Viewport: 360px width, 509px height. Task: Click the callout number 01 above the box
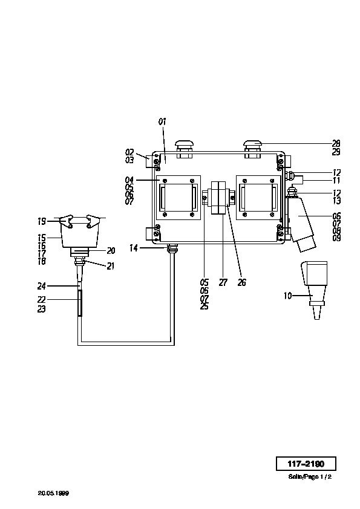click(x=163, y=122)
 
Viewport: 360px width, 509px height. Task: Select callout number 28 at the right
click(x=336, y=143)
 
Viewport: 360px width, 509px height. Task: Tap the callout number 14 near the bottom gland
click(x=134, y=248)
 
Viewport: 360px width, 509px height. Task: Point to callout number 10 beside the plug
click(x=288, y=296)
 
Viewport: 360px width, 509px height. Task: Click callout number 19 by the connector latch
click(x=42, y=222)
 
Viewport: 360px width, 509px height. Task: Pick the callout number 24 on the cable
click(x=42, y=286)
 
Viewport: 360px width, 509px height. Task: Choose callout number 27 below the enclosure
click(x=223, y=283)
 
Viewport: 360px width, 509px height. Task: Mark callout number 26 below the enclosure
click(x=242, y=283)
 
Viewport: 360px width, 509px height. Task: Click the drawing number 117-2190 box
click(x=306, y=464)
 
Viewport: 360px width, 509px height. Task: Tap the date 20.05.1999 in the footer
click(x=53, y=493)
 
